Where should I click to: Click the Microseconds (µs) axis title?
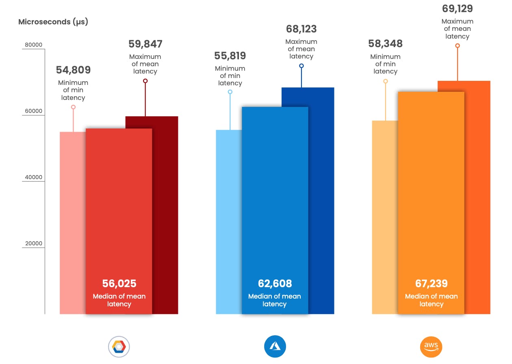[x=53, y=22]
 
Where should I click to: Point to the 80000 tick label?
[x=34, y=45]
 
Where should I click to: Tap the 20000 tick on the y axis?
[x=34, y=244]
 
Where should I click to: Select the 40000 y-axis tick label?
[x=34, y=178]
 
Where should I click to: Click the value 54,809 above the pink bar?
[x=73, y=70]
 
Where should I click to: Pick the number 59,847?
[x=145, y=44]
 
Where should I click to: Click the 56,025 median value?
[x=119, y=283]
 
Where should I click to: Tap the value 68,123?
[x=301, y=29]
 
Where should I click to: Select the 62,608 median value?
[x=275, y=283]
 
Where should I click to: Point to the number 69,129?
[x=458, y=9]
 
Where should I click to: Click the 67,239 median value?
[x=432, y=283]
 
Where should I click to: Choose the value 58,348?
[x=385, y=43]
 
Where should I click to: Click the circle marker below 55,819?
[x=230, y=92]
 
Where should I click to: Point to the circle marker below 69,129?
[x=458, y=45]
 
